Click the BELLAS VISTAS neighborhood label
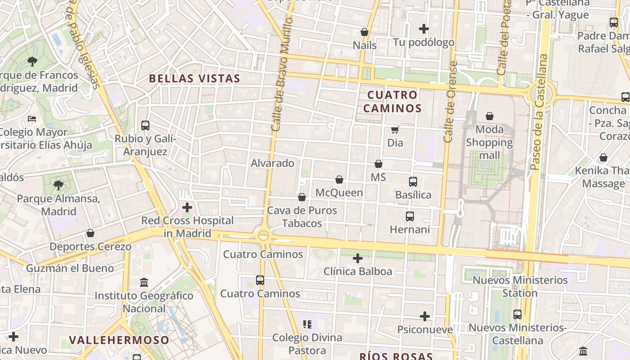point(194,78)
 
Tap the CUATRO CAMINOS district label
point(392,101)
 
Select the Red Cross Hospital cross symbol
point(187,207)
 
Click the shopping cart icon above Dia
point(395,130)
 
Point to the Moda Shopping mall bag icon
point(490,116)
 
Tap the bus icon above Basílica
point(413,182)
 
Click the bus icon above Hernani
point(410,216)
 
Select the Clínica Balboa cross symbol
point(358,258)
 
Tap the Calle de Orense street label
point(450,103)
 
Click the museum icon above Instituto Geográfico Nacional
point(144,283)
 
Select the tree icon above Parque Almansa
point(58,185)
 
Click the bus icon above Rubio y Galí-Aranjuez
point(145,126)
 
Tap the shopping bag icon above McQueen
point(339,180)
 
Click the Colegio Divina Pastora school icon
point(308,324)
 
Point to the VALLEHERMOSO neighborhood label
point(119,340)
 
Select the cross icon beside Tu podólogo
point(424,29)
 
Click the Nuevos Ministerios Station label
point(520,287)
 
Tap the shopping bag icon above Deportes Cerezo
point(90,233)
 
